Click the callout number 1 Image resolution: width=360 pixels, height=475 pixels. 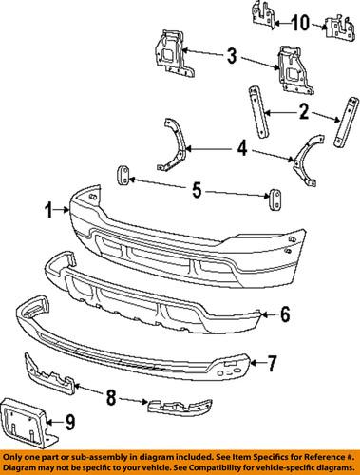[x=47, y=208]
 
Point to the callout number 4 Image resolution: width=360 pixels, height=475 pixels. [x=245, y=148]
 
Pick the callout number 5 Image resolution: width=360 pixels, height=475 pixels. [x=196, y=190]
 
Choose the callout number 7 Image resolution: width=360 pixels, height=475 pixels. [x=271, y=362]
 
